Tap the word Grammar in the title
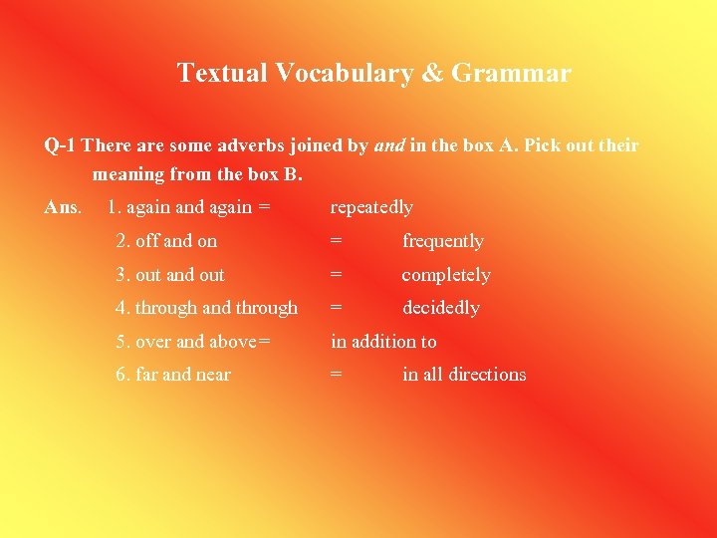526,74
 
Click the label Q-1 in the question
59,145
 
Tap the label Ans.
63,207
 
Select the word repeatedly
371,207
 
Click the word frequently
442,241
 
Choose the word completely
445,275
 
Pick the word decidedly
440,308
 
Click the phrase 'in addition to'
383,342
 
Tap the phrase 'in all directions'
464,375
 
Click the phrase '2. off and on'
166,241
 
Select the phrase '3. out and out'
170,275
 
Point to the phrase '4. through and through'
206,308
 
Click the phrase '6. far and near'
173,375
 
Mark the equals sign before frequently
337,241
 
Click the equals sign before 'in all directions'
337,375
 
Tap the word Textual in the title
222,74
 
